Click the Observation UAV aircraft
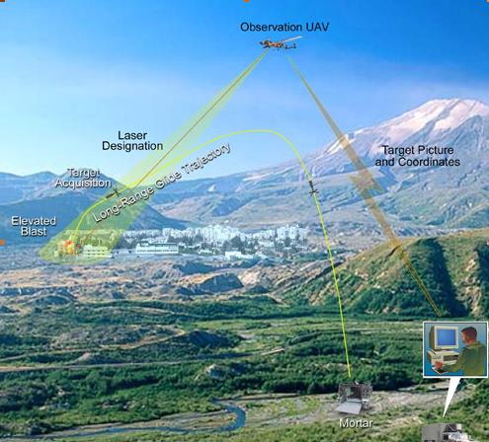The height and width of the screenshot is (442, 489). (280, 43)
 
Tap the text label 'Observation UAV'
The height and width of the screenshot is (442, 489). (285, 27)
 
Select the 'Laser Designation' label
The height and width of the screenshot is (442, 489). (132, 141)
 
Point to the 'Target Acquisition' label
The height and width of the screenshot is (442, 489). (83, 178)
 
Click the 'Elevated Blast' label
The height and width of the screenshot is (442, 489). (34, 226)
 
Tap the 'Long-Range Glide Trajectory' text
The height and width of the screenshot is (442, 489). (162, 183)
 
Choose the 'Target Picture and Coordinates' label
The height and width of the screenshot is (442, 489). (418, 156)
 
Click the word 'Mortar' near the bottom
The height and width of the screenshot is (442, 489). (356, 423)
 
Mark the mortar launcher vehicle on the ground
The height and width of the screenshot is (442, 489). (354, 397)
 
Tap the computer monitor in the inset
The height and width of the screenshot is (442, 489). (447, 338)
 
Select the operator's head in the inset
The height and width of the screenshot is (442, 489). (469, 335)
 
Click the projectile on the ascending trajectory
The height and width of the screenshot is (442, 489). (313, 188)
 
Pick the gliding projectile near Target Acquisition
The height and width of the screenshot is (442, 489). (114, 193)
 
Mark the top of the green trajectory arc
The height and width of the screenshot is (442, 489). (257, 130)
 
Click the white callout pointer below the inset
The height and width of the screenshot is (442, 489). (452, 397)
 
